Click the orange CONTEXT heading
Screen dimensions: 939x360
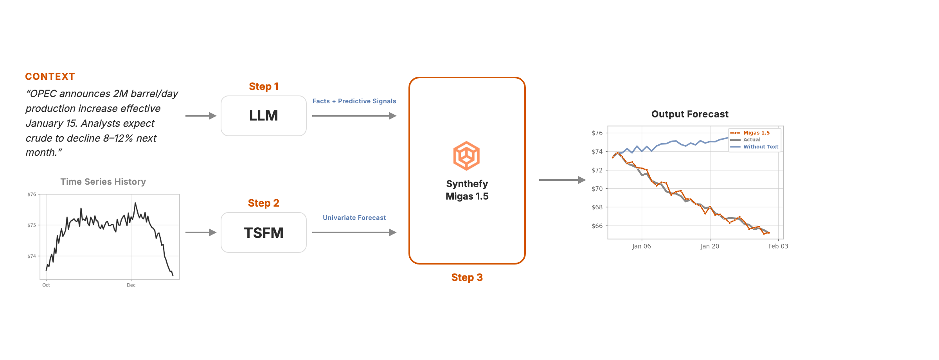50,76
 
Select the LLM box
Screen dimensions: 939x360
264,116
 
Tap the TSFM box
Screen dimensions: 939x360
264,232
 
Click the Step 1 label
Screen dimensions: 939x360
264,86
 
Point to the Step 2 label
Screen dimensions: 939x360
264,203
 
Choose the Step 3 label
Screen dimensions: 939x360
467,277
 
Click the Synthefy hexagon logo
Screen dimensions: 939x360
466,156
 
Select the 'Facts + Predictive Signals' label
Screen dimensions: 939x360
354,101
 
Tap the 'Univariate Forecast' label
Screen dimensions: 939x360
354,218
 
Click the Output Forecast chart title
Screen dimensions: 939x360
690,114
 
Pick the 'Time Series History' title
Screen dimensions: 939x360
103,182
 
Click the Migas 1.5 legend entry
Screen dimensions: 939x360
750,133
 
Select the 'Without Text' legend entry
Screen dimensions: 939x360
754,147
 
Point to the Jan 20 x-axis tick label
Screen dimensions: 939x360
710,246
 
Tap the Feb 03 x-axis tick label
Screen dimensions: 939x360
778,246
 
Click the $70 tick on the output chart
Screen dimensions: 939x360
597,189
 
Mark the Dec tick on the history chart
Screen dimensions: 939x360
131,285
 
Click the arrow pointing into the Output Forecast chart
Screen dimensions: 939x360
562,180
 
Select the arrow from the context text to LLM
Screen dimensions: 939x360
201,116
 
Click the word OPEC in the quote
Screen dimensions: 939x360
43,94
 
